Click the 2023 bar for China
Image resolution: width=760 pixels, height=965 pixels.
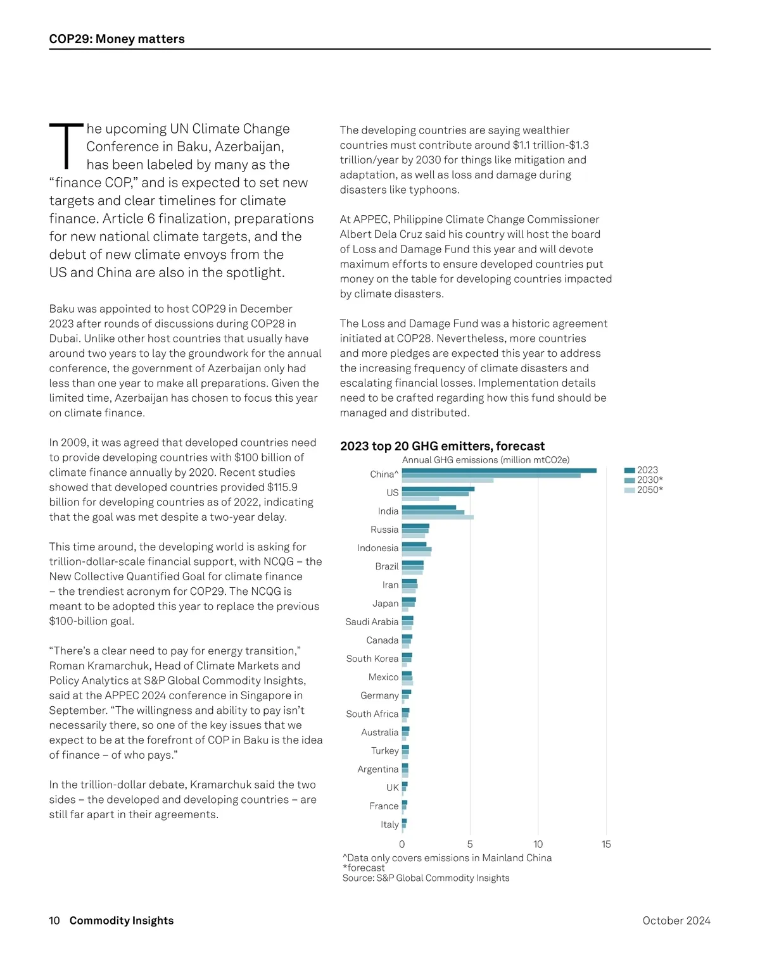[499, 470]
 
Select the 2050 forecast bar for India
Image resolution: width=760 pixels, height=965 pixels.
[438, 517]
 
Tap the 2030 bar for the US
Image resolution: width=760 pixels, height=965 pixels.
[435, 494]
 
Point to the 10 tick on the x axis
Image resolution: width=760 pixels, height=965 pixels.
[538, 844]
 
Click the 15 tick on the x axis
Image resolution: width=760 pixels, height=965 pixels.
[606, 844]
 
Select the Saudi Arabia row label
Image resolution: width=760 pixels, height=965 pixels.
[372, 622]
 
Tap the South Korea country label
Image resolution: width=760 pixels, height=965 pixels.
[372, 659]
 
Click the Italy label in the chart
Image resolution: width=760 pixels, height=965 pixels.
[389, 825]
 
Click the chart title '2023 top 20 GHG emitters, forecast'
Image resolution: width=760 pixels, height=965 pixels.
[442, 446]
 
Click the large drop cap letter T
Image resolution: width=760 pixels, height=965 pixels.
[66, 146]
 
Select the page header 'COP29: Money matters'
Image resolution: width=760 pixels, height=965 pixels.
[117, 39]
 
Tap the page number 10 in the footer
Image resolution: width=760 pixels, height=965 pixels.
[54, 921]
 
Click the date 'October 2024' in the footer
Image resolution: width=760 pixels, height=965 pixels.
[676, 921]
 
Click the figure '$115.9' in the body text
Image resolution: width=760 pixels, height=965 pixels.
[282, 487]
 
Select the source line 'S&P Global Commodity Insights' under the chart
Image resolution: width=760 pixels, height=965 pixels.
[426, 878]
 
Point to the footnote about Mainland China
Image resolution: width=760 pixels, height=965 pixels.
[447, 858]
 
